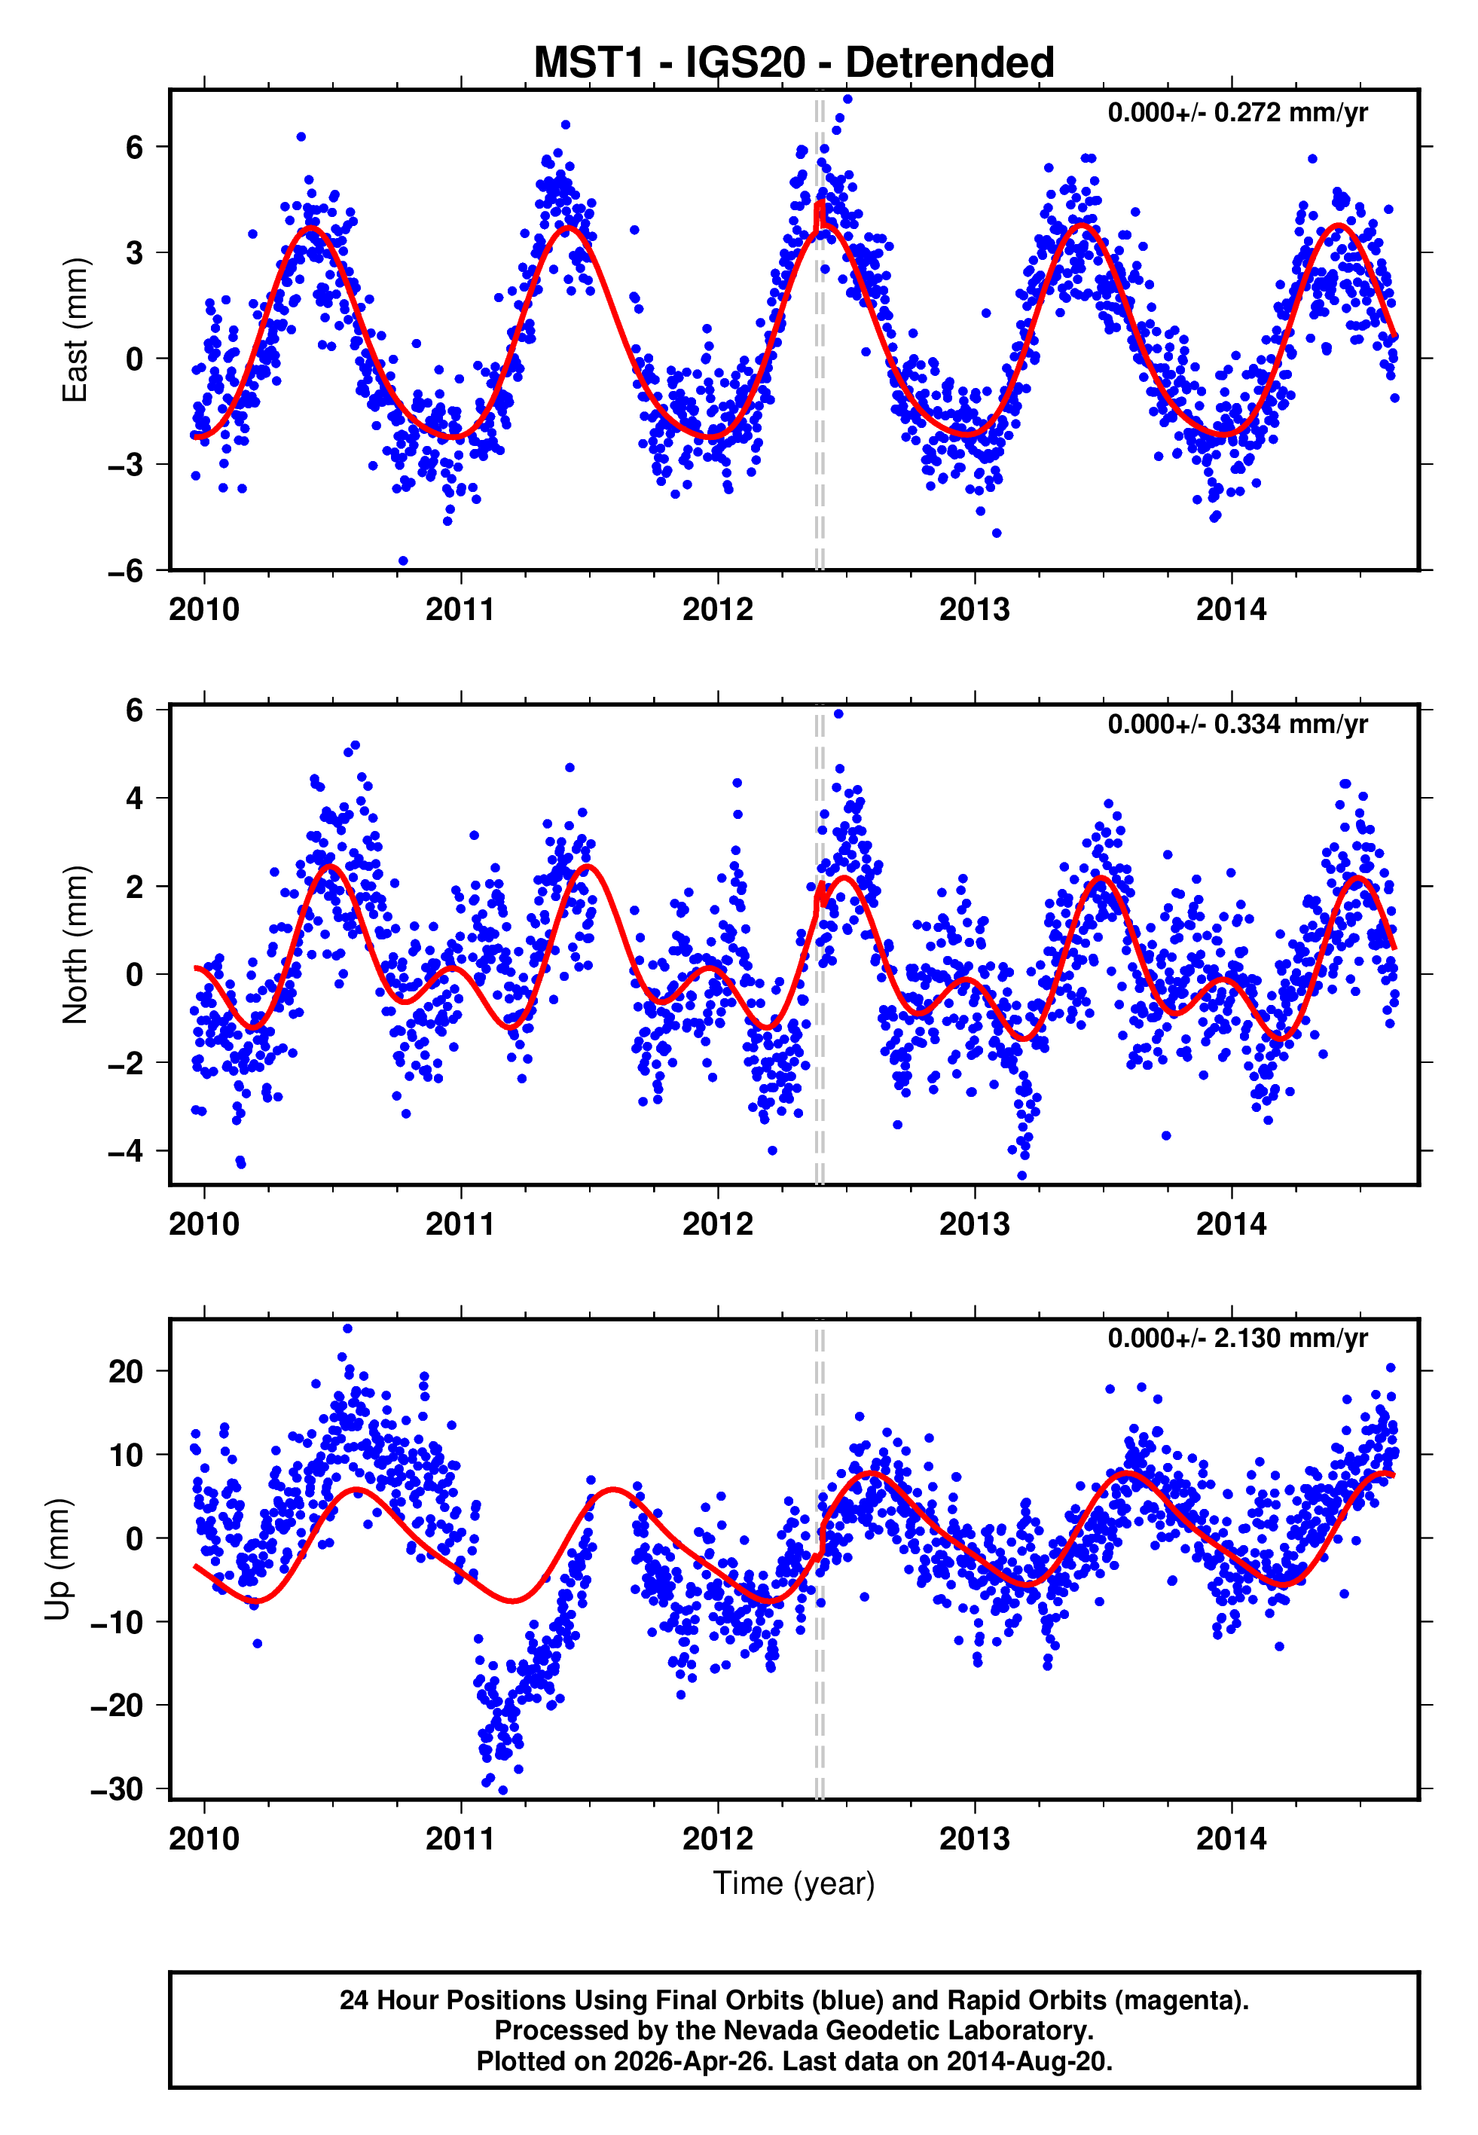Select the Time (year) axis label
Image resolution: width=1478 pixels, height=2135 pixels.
794,1883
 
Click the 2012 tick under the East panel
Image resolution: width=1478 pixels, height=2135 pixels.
718,609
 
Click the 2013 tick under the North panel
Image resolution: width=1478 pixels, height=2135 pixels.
974,1224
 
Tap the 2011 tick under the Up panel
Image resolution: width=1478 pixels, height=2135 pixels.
460,1838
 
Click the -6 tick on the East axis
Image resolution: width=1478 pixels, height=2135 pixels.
125,570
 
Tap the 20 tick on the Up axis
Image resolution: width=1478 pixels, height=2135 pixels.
126,1371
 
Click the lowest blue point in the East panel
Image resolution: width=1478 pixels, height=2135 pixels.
403,561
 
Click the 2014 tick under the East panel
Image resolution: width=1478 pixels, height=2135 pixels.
1231,609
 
